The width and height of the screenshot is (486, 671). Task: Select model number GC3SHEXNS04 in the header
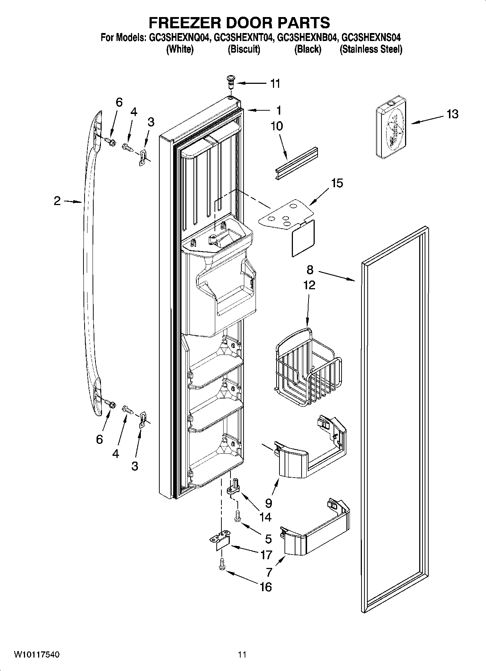tap(372, 37)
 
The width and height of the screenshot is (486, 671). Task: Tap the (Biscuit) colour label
tap(244, 49)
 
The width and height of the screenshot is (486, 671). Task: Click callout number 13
tap(452, 114)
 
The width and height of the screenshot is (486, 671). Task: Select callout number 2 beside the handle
tap(57, 201)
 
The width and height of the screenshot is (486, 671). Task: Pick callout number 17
tap(266, 555)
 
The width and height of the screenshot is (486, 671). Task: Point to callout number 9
tap(268, 503)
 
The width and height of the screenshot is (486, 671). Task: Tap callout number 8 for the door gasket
tap(310, 270)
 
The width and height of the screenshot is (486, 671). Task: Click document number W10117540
tap(37, 654)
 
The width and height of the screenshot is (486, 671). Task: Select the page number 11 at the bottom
tap(242, 654)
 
